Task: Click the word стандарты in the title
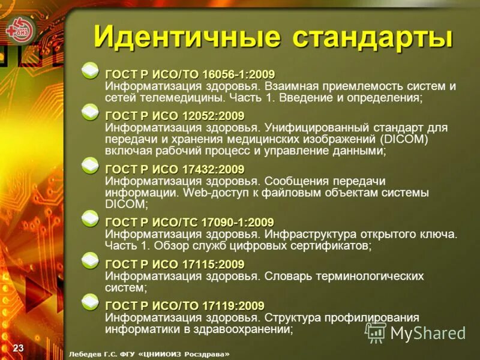coord(372,37)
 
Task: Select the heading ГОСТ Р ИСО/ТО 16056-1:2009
coord(190,74)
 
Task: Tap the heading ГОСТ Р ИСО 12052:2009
coord(175,115)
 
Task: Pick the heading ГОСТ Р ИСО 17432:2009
coord(175,169)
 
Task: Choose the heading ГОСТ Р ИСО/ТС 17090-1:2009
coord(189,223)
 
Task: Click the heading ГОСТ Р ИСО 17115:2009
coord(175,265)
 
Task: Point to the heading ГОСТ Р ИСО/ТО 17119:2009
coord(184,306)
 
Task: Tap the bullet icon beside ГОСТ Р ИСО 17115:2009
coord(91,260)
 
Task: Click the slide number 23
coord(18,349)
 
